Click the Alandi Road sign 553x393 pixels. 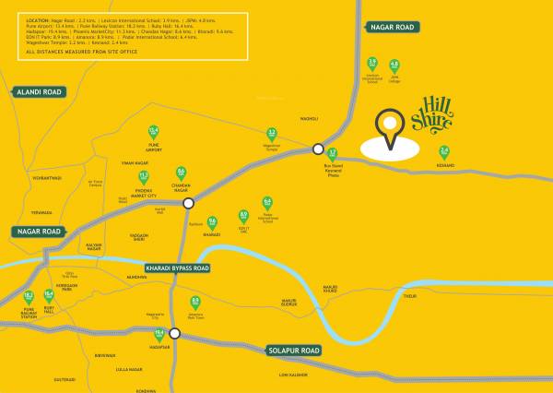[x=38, y=92]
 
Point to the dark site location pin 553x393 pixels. [x=392, y=130]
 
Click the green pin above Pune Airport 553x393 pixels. [x=154, y=133]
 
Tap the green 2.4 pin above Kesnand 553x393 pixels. [x=444, y=152]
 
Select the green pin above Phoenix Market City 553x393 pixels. [x=143, y=176]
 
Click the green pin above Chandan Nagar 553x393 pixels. [x=181, y=173]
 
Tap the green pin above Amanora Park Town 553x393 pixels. [x=195, y=302]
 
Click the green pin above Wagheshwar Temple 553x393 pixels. [x=272, y=135]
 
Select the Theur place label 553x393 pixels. [x=410, y=296]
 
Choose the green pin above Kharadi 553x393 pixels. [x=211, y=223]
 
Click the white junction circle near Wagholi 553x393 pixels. [x=318, y=149]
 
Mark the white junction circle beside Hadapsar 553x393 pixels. [x=175, y=334]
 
